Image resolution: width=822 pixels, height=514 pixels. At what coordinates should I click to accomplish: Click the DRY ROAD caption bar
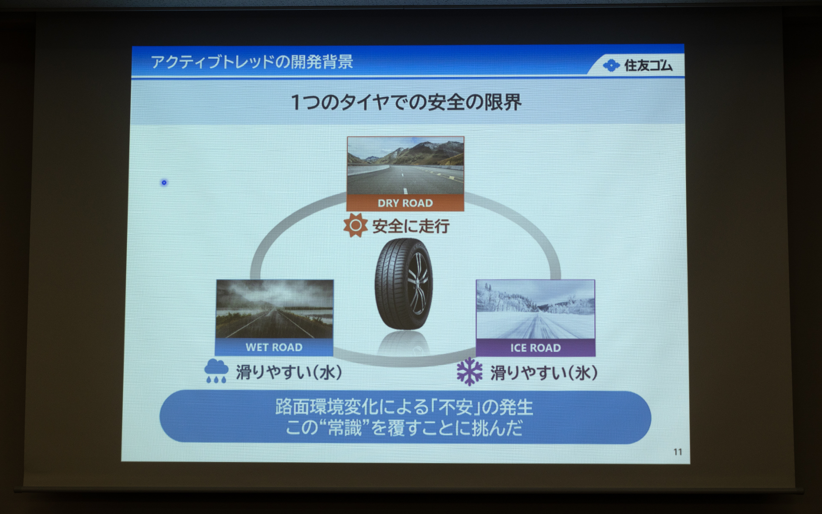[x=405, y=203]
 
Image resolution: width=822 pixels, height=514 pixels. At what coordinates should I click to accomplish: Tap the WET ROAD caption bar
[x=274, y=347]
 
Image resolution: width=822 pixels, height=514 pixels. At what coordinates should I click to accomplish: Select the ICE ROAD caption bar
[x=535, y=348]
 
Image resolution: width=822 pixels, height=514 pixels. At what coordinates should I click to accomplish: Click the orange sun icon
[x=355, y=225]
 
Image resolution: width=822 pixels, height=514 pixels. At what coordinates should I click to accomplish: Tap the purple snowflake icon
[x=469, y=371]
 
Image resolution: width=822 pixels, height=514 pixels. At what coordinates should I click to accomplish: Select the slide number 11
[x=677, y=452]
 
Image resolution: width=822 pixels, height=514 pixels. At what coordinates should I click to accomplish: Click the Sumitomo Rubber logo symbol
[x=611, y=66]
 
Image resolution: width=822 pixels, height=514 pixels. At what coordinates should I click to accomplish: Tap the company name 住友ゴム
[x=648, y=66]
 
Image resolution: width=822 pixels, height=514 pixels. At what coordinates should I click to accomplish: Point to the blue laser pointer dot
[x=164, y=183]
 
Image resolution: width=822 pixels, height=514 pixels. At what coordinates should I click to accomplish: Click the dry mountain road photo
[x=405, y=167]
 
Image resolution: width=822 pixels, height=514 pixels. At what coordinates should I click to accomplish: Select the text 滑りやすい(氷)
[x=544, y=373]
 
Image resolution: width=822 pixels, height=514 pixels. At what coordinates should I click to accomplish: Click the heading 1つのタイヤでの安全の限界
[x=406, y=103]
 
